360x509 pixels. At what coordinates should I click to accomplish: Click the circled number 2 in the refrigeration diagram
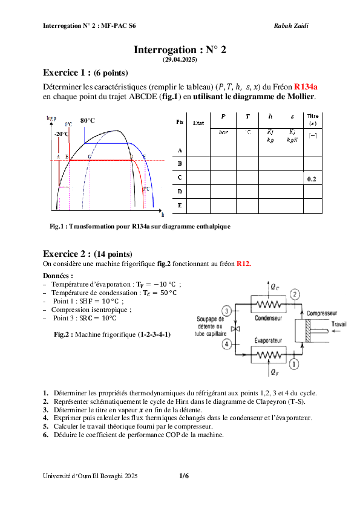pos(295,294)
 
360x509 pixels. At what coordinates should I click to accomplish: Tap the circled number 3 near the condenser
pos(226,311)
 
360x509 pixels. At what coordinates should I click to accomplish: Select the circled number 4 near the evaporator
pos(226,344)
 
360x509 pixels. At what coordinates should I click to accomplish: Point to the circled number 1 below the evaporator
pos(294,363)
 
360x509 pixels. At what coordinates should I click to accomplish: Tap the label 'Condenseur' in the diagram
pos(266,317)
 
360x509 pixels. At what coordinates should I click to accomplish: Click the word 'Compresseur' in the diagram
pos(322,313)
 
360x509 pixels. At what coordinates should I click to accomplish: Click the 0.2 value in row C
pos(312,180)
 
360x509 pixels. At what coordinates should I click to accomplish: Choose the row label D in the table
pos(179,192)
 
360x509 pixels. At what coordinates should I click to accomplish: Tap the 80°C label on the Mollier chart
pos(88,120)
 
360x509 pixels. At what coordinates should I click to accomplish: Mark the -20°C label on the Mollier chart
pos(61,134)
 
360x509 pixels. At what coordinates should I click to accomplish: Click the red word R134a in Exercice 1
pos(306,86)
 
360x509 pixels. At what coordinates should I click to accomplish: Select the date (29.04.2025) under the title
pos(180,60)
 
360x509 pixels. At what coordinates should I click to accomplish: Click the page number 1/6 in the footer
pos(184,476)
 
